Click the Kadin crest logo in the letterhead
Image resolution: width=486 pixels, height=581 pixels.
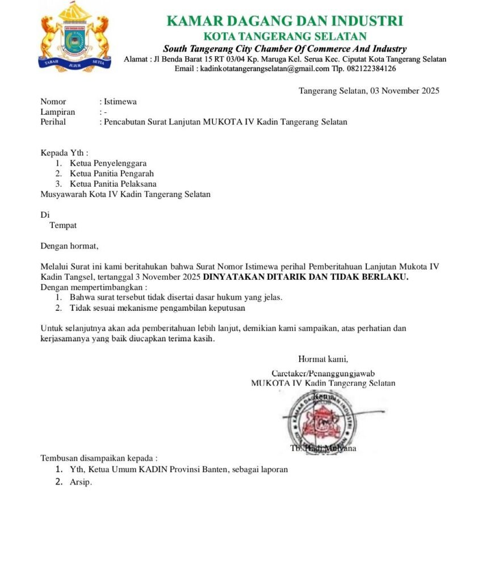click(74, 37)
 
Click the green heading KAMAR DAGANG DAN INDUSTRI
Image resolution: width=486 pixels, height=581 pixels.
click(284, 21)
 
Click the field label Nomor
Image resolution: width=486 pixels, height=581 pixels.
click(53, 102)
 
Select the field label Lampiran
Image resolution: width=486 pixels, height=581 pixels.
click(57, 112)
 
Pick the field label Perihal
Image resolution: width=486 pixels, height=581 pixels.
click(53, 121)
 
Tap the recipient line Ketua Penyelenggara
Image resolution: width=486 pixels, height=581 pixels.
click(108, 163)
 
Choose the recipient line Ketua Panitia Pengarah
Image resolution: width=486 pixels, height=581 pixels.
click(112, 174)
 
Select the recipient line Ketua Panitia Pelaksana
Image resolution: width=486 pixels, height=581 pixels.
click(114, 184)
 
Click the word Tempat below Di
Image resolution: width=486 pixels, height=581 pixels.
click(63, 225)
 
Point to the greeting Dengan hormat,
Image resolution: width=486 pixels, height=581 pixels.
click(69, 246)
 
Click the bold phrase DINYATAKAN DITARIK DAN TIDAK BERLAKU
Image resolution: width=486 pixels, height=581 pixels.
click(305, 277)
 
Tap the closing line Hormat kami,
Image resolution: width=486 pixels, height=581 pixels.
click(322, 359)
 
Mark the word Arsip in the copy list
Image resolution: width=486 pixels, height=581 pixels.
click(81, 482)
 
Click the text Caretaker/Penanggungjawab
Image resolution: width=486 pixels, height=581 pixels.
click(323, 373)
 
